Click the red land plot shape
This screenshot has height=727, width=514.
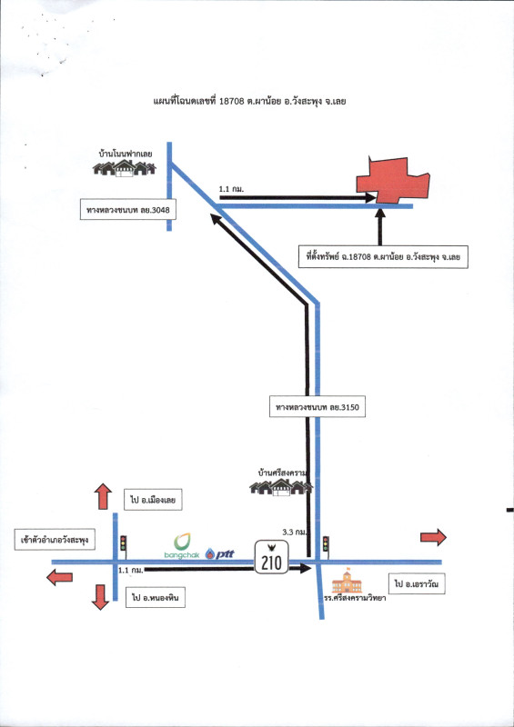coord(392,181)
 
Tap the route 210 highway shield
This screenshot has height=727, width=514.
coord(272,557)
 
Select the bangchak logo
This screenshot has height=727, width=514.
coord(182,546)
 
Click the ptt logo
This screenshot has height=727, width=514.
coord(219,553)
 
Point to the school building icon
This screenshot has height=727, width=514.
coord(347,581)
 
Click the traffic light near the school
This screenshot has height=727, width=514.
coord(326,544)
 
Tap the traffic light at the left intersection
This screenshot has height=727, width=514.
coord(123,543)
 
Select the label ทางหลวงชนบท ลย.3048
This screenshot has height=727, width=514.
coord(128,210)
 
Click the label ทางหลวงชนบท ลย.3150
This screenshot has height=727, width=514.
coord(317,407)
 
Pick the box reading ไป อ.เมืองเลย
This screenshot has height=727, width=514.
coord(153,500)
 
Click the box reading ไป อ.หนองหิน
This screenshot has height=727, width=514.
coord(155,598)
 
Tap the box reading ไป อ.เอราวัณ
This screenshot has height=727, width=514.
coord(417,583)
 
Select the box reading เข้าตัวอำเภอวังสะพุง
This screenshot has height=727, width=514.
coord(55,540)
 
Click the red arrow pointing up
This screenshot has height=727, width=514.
coord(103,496)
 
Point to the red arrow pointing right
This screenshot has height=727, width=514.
coord(433,537)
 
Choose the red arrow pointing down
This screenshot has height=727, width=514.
coord(100,597)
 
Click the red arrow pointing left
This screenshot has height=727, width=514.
coord(60,578)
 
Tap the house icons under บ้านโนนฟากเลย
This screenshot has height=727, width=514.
coord(125,168)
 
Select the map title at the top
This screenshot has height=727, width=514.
coord(249,101)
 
